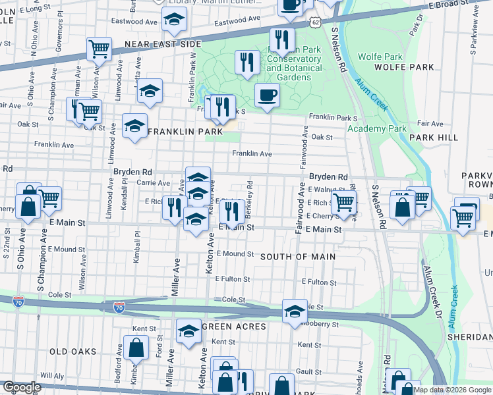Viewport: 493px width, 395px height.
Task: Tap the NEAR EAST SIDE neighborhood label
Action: point(163,44)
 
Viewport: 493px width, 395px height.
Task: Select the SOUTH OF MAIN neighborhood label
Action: point(298,257)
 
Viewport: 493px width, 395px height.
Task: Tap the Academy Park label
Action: point(377,129)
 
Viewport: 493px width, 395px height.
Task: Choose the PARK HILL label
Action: point(433,137)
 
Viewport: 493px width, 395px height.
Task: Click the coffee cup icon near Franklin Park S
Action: point(267,95)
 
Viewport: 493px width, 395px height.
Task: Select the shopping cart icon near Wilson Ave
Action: point(99,48)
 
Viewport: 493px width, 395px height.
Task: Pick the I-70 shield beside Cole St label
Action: point(119,307)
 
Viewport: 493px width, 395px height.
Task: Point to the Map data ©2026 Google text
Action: point(452,390)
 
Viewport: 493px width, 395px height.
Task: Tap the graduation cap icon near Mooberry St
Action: point(294,311)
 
